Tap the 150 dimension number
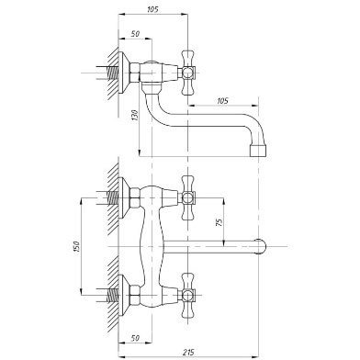tap(76, 247)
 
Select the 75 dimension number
tap(219, 222)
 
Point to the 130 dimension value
tap(136, 115)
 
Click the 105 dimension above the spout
tap(222, 101)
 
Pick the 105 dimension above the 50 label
tap(152, 9)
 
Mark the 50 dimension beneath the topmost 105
tap(135, 34)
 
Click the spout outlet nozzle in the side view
tap(258, 151)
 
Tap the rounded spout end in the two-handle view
tap(262, 246)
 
